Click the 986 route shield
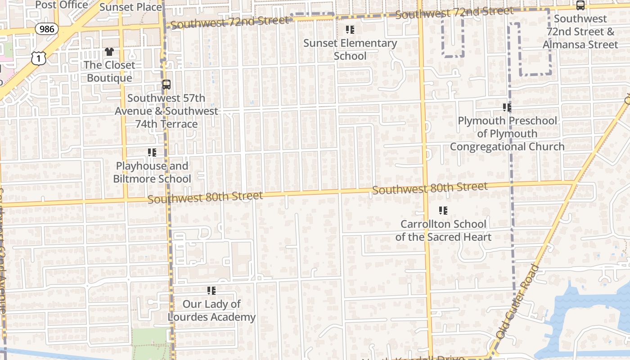(x=46, y=29)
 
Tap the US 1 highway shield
(x=39, y=58)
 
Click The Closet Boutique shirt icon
(x=109, y=52)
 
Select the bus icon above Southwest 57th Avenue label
(x=166, y=84)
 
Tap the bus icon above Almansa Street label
(x=580, y=5)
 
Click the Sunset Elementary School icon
(x=350, y=30)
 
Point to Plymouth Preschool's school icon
(x=507, y=108)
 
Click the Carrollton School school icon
(x=443, y=211)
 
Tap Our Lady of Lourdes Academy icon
(x=211, y=291)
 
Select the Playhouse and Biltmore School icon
(x=152, y=153)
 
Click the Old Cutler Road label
(x=518, y=302)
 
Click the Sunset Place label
(x=130, y=7)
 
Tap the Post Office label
(x=62, y=5)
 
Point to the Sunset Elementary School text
(x=350, y=49)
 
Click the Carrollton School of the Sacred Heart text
(x=443, y=230)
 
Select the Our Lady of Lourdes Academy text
(x=211, y=310)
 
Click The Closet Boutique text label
(x=109, y=72)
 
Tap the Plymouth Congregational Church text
(x=507, y=147)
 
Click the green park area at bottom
(x=151, y=344)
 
